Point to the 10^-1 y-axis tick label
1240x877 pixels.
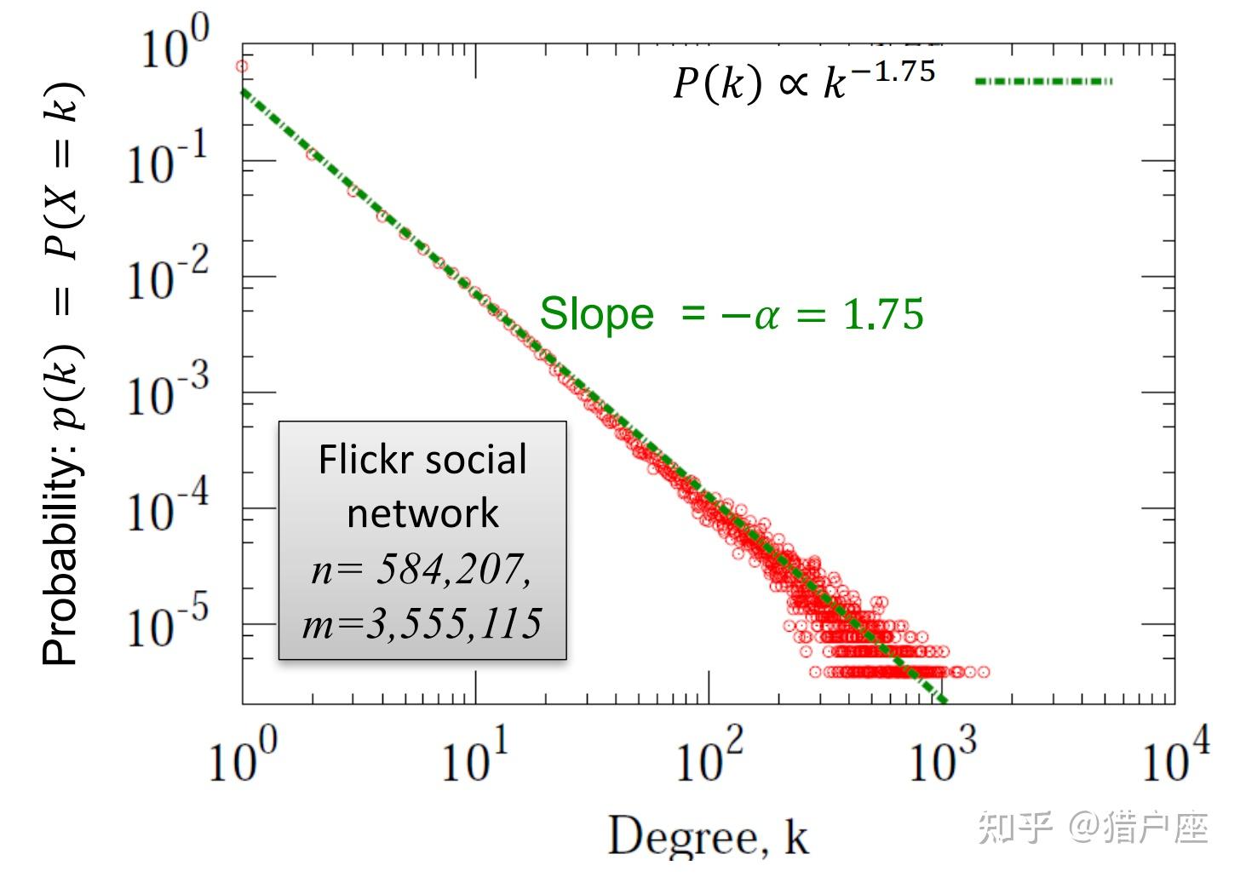point(167,161)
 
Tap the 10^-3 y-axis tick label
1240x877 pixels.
point(167,393)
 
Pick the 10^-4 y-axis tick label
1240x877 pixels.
point(167,508)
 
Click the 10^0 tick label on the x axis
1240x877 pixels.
point(243,758)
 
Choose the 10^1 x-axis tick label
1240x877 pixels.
point(475,758)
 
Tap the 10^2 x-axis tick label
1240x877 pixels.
point(709,758)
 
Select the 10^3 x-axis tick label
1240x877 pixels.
point(942,758)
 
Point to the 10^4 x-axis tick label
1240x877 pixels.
point(1175,758)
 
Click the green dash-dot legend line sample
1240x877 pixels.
point(1043,82)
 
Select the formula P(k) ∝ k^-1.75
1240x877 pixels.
point(804,82)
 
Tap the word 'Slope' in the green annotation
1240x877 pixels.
point(596,314)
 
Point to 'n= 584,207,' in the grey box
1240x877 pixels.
point(422,569)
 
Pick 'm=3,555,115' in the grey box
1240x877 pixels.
point(422,622)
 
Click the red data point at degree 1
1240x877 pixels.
point(242,66)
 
